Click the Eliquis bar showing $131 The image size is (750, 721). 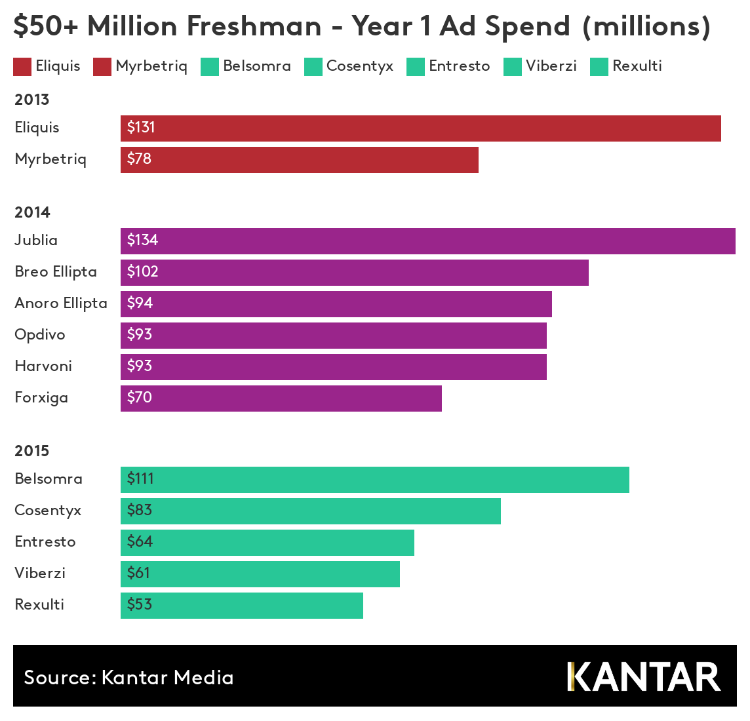pos(420,128)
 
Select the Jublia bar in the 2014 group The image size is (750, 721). pos(427,241)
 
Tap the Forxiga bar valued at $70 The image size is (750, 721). pos(281,399)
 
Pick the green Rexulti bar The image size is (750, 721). pos(241,606)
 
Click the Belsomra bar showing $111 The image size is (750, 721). pos(374,480)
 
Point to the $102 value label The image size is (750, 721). pos(143,271)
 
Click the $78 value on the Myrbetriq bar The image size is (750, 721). pos(139,159)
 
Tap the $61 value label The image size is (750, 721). pos(138,573)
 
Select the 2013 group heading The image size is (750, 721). pos(32,100)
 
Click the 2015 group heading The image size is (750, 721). pos(32,451)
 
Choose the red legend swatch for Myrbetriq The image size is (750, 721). pos(102,67)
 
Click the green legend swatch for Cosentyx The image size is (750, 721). pos(313,67)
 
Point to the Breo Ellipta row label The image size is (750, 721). pos(56,272)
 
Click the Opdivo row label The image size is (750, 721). pos(40,335)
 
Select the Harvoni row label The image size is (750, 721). pos(43,366)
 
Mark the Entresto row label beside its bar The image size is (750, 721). pos(45,542)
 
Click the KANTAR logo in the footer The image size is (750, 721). pos(644,676)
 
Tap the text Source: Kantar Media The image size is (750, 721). pos(128,677)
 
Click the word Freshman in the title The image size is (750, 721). pos(254,26)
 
